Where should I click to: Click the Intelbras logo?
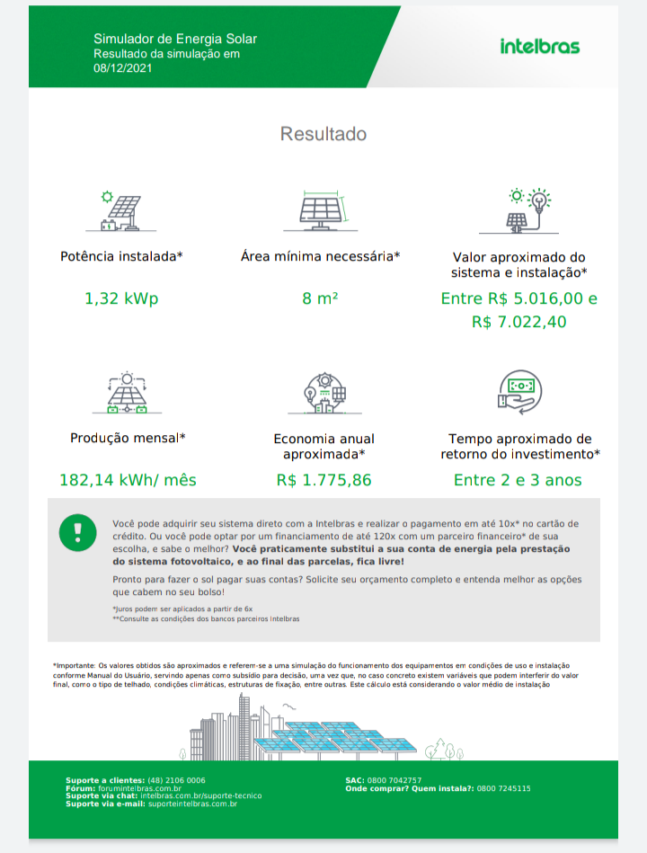(539, 47)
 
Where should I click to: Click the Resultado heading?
(323, 134)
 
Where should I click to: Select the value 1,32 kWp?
(121, 298)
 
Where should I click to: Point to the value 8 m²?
(321, 298)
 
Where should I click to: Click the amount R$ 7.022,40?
(519, 321)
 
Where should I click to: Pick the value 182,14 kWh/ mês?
(128, 480)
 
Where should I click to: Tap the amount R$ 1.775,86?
(323, 480)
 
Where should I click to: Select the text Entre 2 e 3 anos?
(518, 480)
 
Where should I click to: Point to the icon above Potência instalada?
(121, 212)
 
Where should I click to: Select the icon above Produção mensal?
(127, 392)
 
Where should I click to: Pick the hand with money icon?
(519, 392)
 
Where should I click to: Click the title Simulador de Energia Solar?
(175, 39)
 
